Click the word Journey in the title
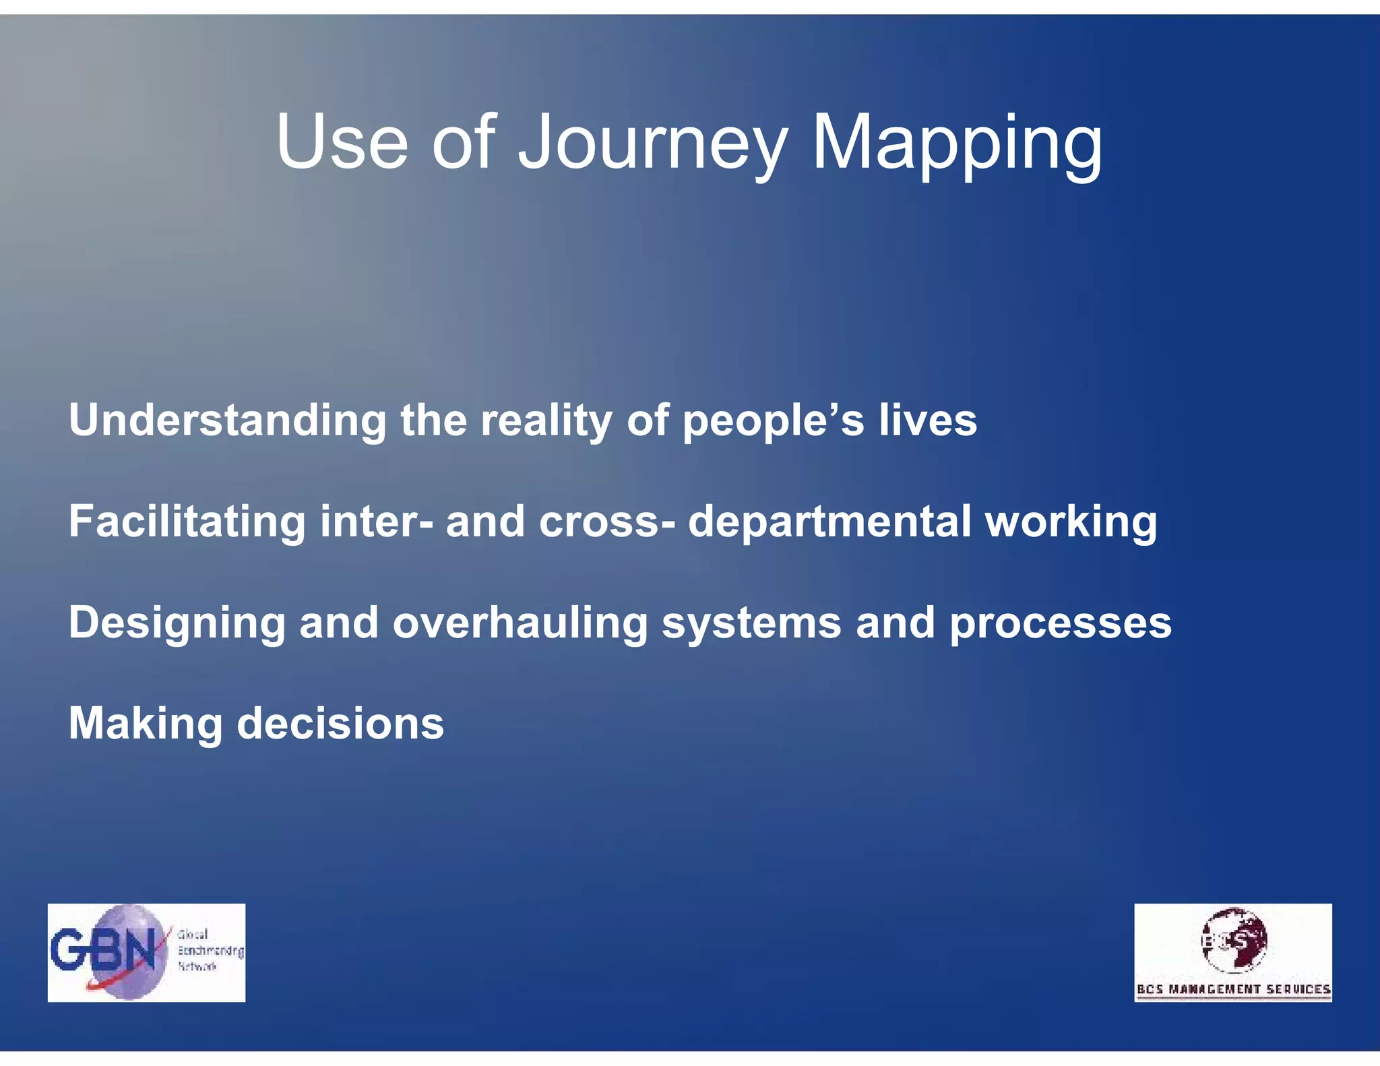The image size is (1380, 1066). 652,143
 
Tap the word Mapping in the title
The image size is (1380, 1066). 957,143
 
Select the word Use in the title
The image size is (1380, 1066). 342,143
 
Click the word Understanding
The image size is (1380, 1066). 227,420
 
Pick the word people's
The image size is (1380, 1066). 773,420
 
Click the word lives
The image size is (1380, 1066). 927,420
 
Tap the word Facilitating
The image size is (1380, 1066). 187,522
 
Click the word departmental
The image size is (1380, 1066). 829,522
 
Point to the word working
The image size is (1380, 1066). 1071,522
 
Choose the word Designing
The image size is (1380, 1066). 177,623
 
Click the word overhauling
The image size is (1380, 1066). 520,623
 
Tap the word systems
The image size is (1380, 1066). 751,623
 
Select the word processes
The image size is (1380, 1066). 1061,623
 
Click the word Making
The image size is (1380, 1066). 146,724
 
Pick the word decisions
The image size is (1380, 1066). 340,724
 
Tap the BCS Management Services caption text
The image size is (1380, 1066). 1233,989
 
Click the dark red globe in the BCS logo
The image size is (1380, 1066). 1234,939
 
